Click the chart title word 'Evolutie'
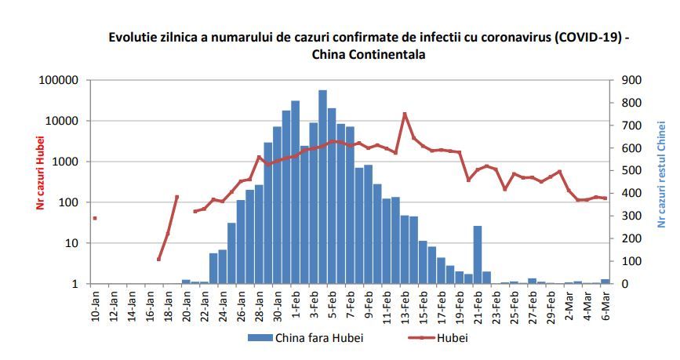click(x=132, y=37)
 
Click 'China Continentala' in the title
click(x=369, y=54)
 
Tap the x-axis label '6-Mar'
click(x=605, y=303)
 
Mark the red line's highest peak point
click(x=405, y=114)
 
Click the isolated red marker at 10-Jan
click(x=95, y=218)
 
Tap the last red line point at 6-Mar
click(x=605, y=198)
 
